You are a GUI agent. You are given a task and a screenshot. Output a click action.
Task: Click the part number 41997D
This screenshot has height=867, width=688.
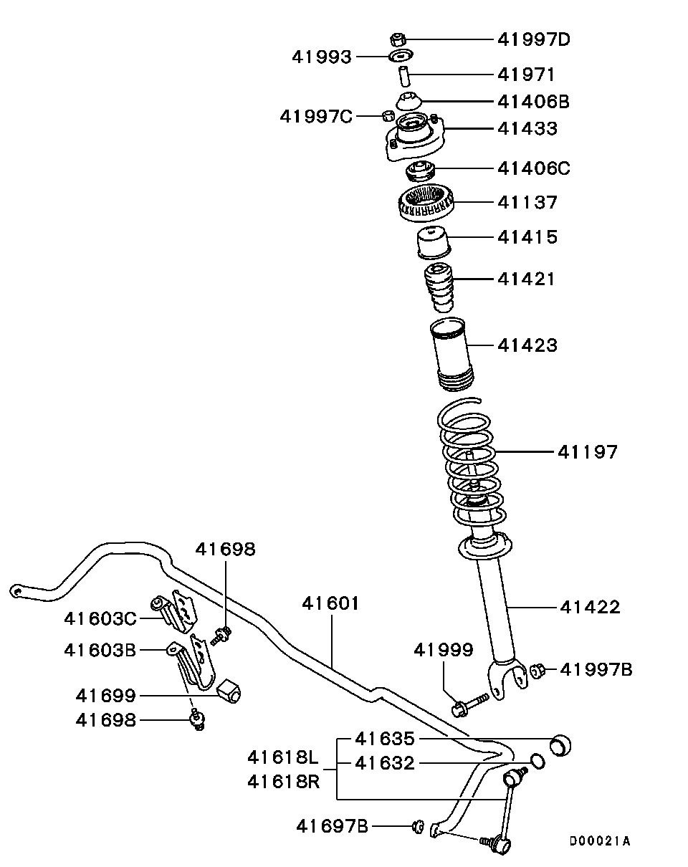533,39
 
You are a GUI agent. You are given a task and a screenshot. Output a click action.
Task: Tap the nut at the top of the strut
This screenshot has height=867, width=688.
399,39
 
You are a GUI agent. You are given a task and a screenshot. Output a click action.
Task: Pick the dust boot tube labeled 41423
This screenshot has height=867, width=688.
451,355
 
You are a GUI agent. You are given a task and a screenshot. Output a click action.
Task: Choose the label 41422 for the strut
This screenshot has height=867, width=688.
589,608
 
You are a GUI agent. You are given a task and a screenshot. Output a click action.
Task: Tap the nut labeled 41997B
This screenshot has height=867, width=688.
539,670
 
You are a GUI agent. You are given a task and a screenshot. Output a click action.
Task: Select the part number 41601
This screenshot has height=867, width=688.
330,603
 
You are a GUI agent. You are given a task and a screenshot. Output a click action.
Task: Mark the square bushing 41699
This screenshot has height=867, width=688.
230,691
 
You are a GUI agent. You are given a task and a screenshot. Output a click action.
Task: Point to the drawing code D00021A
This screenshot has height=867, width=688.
600,840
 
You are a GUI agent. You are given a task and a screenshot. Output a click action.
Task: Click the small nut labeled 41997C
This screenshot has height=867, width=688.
387,115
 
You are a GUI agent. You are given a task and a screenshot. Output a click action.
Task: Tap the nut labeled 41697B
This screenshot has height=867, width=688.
418,828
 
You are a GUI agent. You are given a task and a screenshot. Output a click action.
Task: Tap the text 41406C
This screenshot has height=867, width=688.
533,168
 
